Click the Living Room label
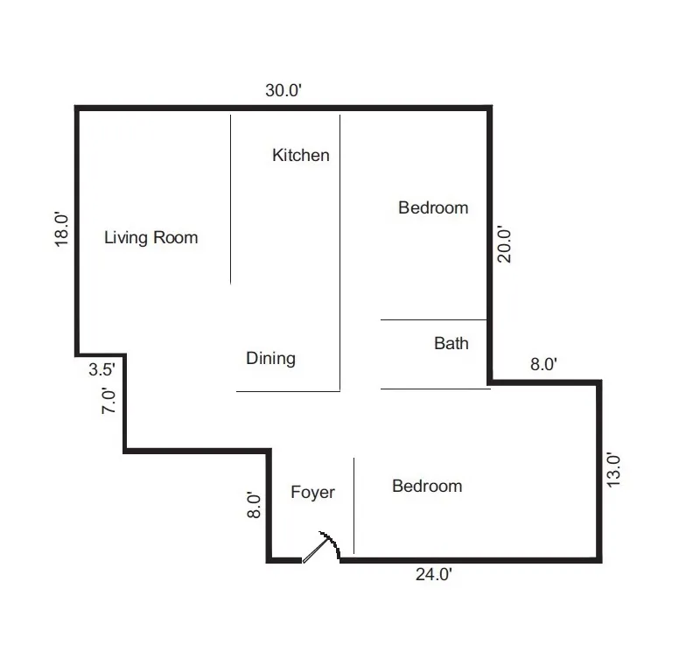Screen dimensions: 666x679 click(x=151, y=237)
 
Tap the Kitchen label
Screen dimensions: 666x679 click(x=301, y=155)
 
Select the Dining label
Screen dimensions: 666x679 click(x=270, y=358)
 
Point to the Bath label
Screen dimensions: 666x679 click(x=451, y=343)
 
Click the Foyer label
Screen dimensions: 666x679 click(x=312, y=493)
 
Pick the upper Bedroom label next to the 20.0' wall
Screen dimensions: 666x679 click(x=433, y=207)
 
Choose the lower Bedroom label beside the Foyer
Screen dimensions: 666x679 click(x=427, y=486)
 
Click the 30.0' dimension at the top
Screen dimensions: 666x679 click(x=283, y=90)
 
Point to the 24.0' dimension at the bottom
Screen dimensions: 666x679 click(x=433, y=575)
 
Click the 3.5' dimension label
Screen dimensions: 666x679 click(x=102, y=369)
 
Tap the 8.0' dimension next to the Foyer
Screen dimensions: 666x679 click(x=254, y=505)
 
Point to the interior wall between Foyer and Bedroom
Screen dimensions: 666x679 click(x=353, y=506)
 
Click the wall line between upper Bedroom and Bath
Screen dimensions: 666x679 click(x=433, y=320)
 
